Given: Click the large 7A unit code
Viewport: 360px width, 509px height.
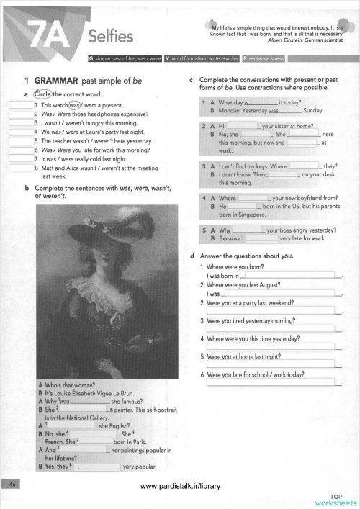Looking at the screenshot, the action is [50, 32].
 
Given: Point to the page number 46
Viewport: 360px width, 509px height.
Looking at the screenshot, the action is [13, 485].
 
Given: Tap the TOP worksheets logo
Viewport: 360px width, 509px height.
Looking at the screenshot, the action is [336, 499].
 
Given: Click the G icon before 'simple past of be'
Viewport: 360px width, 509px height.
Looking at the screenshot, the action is [89, 57].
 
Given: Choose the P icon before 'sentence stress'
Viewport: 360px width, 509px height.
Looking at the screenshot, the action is [246, 57].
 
